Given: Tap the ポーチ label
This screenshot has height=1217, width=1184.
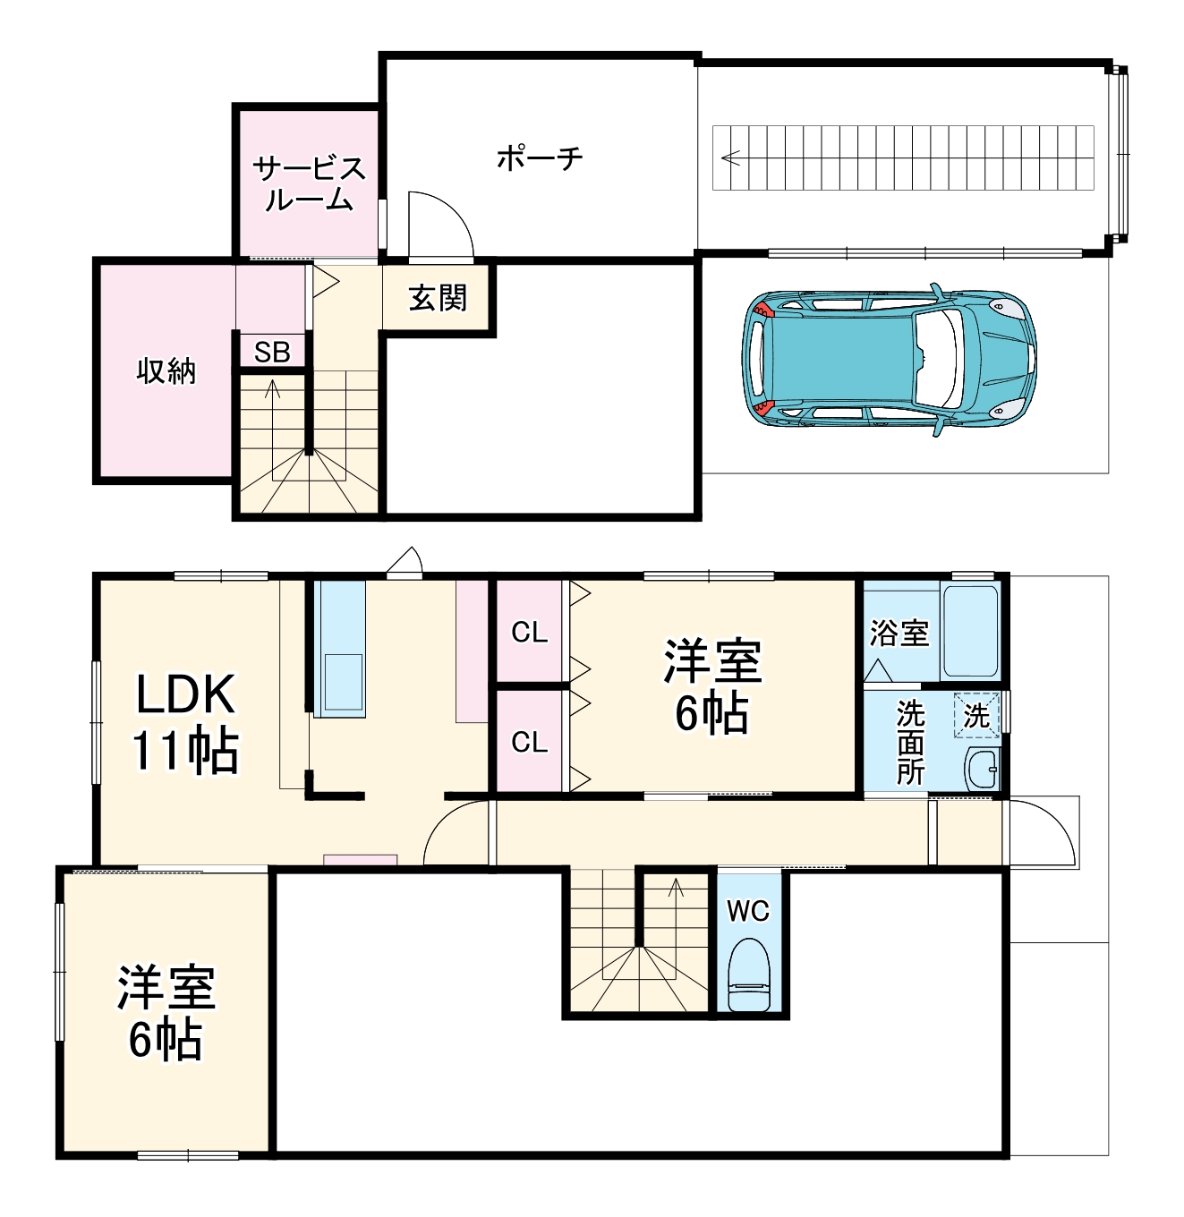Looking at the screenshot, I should pyautogui.click(x=540, y=158).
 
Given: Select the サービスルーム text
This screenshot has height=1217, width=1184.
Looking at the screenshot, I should pyautogui.click(x=309, y=183).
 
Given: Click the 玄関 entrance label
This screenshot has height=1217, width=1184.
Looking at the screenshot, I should pyautogui.click(x=438, y=298).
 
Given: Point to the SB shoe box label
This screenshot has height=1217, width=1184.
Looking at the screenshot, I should pyautogui.click(x=272, y=353).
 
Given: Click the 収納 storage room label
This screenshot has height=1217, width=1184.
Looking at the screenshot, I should pyautogui.click(x=166, y=370).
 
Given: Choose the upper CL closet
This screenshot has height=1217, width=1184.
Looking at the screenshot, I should pyautogui.click(x=529, y=632).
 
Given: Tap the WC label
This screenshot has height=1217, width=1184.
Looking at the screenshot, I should pyautogui.click(x=748, y=911).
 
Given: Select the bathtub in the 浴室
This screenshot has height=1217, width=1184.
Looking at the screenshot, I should pyautogui.click(x=970, y=632).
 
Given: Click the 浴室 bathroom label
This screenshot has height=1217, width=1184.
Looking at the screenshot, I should pyautogui.click(x=899, y=633).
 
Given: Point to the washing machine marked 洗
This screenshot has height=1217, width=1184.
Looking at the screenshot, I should pyautogui.click(x=976, y=716).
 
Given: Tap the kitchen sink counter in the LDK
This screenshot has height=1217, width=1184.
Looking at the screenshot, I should pyautogui.click(x=340, y=649).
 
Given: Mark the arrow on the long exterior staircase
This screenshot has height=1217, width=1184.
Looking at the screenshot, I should pyautogui.click(x=731, y=158).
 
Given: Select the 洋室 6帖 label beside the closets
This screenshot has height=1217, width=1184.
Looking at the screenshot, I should pyautogui.click(x=712, y=686).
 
